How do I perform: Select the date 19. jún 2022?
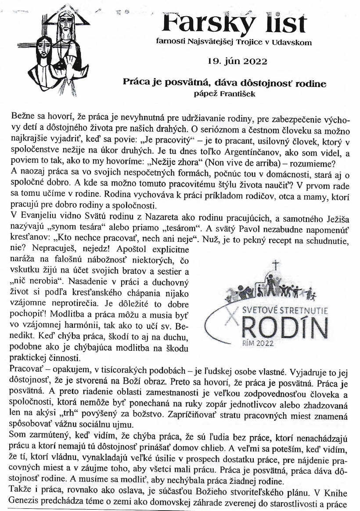click(238, 61)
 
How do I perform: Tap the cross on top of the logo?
click(276, 265)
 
